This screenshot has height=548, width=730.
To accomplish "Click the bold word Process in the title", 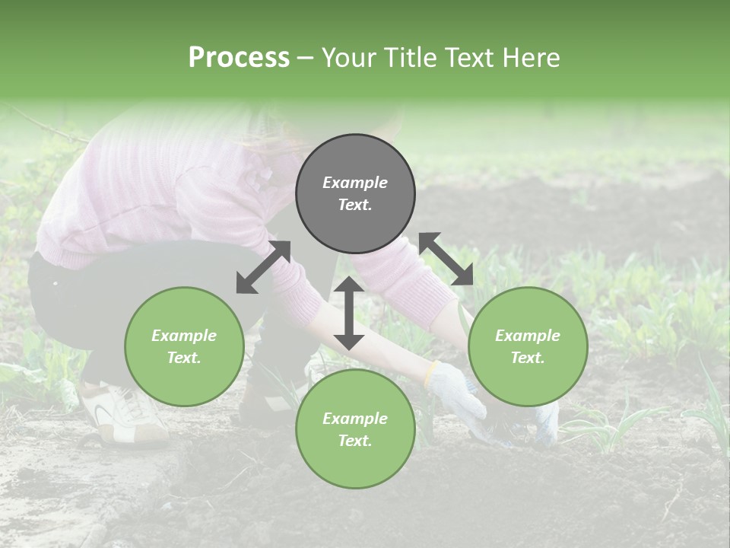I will (239, 58).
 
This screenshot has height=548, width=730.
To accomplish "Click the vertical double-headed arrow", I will (349, 313).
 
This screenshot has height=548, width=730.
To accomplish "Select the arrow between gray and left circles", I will (263, 267).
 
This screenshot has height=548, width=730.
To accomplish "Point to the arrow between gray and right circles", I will (446, 260).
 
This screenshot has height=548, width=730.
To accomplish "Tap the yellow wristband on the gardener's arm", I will (431, 373).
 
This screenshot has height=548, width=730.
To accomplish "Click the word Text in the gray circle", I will (355, 205).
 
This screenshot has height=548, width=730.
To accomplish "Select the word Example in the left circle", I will (184, 336).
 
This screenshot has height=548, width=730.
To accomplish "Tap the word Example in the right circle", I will (528, 336).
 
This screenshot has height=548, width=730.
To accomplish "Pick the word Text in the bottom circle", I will (355, 441).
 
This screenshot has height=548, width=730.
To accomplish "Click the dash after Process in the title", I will (306, 58).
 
